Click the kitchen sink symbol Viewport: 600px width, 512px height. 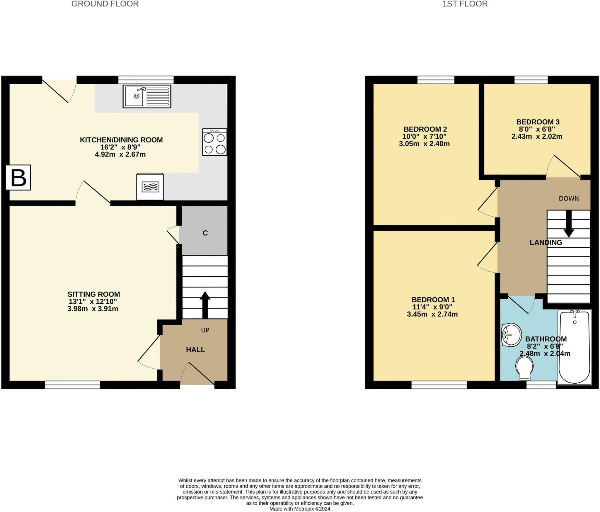coord(147,96)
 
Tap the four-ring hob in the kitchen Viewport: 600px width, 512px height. coord(214,142)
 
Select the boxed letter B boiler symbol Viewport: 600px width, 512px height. coord(18,178)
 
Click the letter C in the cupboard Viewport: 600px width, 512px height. coord(205,233)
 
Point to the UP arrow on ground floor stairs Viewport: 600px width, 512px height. coord(205,305)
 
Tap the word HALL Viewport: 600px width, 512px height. coord(195,350)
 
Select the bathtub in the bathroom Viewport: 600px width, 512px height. coord(575,347)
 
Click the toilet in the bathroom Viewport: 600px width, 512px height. coord(524,368)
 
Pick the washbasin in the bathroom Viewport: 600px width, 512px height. coord(511,335)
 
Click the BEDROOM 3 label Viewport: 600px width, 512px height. coord(538,122)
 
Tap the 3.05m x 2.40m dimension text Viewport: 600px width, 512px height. coord(424,144)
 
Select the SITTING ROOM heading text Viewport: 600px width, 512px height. coord(94,294)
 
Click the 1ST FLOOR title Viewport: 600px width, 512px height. coord(465,4)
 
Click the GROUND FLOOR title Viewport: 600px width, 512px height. coord(105,4)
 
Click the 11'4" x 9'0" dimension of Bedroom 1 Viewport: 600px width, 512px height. coord(432,307)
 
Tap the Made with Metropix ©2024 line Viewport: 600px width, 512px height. coord(300,509)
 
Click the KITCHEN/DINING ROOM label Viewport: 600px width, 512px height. coord(121,140)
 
